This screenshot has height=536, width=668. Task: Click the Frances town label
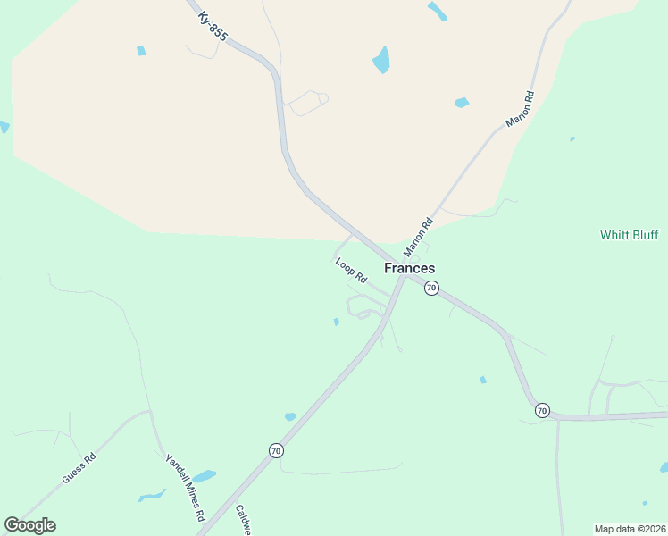pos(410,268)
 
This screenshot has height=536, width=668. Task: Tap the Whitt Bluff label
pos(629,235)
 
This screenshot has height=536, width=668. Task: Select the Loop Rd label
pos(351,271)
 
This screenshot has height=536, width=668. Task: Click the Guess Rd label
pos(79,468)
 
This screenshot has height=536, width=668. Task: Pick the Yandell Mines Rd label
pos(185,488)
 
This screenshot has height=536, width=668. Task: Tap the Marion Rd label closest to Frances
pos(418,237)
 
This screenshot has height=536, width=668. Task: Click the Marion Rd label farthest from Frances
pos(519,109)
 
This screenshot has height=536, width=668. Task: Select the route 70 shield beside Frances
pos(431,288)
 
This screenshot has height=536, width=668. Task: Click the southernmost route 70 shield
pos(276,451)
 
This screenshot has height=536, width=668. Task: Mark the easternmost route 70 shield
pos(542,411)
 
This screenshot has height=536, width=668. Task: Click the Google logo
pos(29,525)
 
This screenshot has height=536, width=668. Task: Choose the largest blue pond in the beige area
pos(381,61)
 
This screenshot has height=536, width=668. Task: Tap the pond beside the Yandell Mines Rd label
pos(205,476)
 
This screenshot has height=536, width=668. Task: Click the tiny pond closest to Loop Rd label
pos(336,322)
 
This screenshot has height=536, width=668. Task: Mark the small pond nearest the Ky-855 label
pos(141,51)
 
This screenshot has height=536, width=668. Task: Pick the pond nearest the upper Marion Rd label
pos(462,103)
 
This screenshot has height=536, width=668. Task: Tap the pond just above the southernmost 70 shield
pos(289,417)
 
